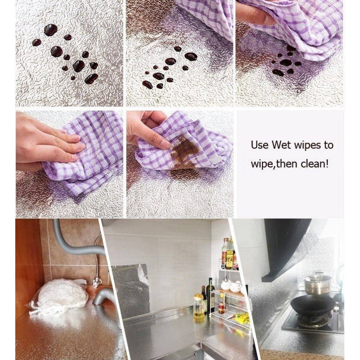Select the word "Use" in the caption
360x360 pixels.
click(260, 145)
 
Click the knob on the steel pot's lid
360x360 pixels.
click(318, 274)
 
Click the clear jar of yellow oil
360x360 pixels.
click(199, 306)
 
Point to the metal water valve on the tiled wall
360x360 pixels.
click(97, 282)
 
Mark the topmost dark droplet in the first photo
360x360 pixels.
click(50, 30)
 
